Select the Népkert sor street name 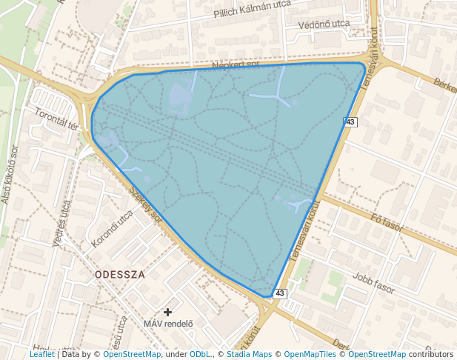click(x=235, y=64)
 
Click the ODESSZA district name click(x=120, y=274)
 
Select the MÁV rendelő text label click(x=168, y=323)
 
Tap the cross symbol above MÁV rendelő click(x=168, y=312)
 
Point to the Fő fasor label click(x=387, y=222)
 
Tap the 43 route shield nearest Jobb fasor click(x=279, y=293)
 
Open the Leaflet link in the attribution click(x=42, y=354)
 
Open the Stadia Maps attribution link click(x=247, y=354)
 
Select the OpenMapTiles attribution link click(x=310, y=354)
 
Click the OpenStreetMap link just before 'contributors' click(x=376, y=354)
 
